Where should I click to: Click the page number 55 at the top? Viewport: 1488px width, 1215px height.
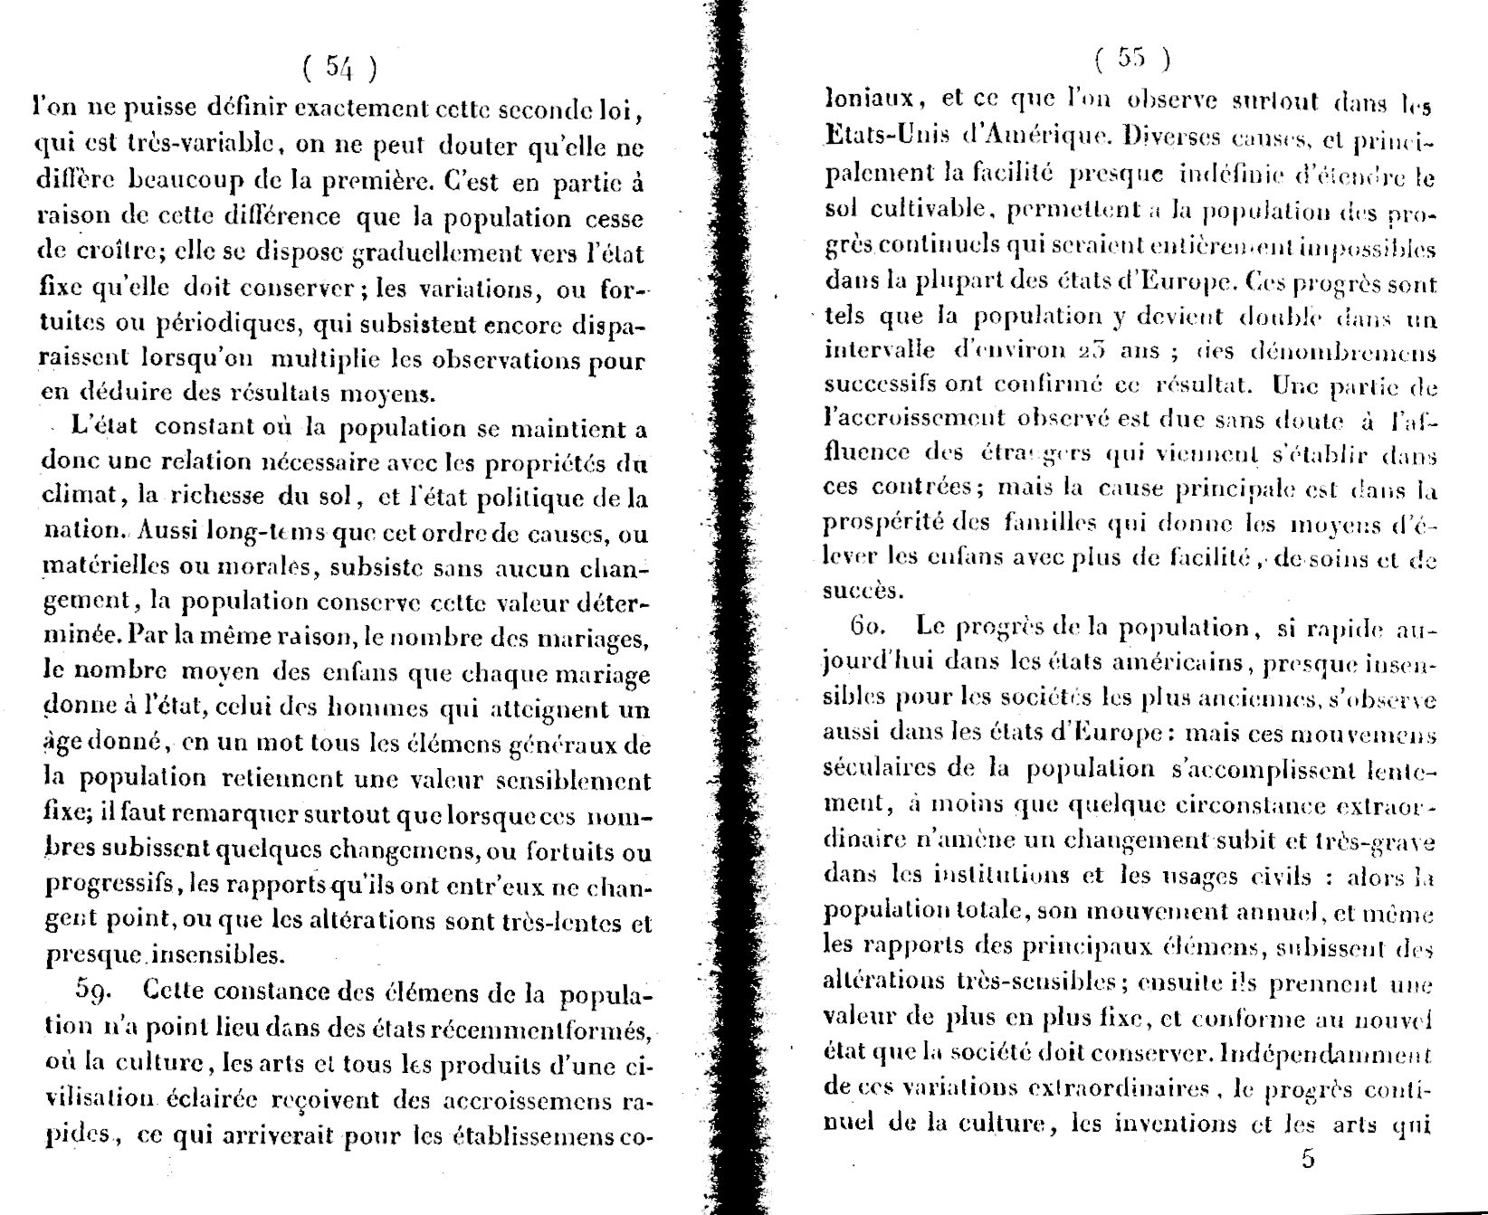click(x=1131, y=59)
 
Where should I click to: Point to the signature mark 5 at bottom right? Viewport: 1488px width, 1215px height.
click(x=1307, y=1160)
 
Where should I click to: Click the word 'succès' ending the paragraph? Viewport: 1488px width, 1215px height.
click(x=852, y=592)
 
